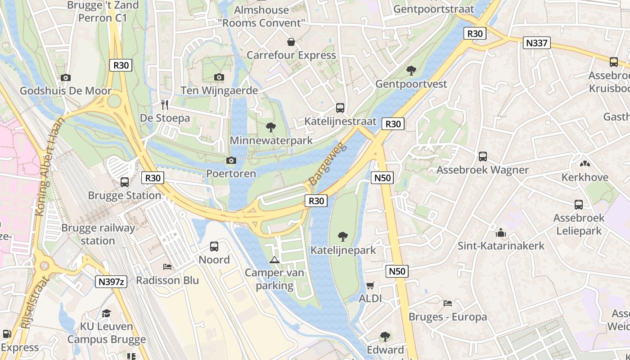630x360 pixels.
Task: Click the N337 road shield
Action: point(536,43)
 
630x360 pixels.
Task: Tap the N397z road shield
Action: point(111,282)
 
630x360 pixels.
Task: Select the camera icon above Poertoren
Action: point(231,161)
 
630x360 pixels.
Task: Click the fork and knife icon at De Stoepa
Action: point(165,105)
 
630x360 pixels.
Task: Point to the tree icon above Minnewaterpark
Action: point(270,127)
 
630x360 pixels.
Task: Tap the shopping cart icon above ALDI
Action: point(370,285)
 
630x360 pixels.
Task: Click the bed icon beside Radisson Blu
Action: point(167,266)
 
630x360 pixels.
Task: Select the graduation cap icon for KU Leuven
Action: point(107,313)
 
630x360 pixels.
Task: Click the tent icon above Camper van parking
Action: point(274,260)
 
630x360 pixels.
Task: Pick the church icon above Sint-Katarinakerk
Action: point(500,233)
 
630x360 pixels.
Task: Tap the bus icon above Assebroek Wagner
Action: point(483,157)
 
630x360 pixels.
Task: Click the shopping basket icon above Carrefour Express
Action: point(291,42)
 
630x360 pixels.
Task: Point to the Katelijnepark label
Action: point(343,250)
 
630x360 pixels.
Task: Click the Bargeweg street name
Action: point(326,164)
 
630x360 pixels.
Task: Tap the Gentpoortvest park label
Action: point(411,84)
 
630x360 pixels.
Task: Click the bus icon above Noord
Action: point(214,247)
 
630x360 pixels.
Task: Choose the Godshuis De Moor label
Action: point(66,91)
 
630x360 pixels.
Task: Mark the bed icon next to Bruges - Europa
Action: point(447,303)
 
